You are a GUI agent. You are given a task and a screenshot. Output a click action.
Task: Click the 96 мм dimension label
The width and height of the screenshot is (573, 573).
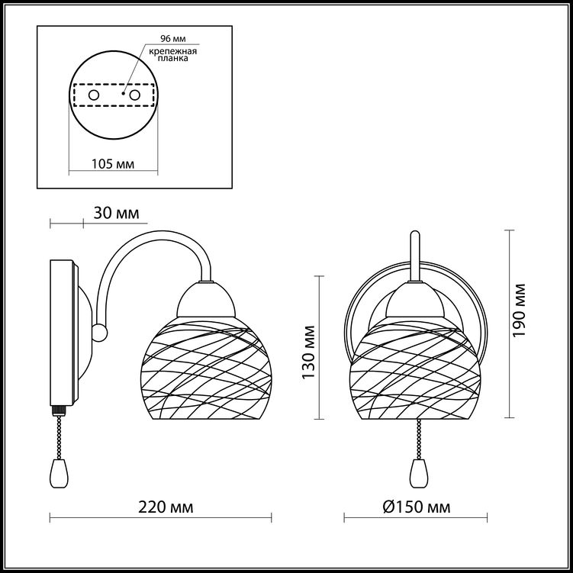[x=173, y=39]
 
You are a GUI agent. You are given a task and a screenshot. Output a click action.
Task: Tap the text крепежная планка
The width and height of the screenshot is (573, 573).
[x=173, y=54]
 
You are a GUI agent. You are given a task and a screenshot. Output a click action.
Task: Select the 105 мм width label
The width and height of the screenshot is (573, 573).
[x=113, y=164]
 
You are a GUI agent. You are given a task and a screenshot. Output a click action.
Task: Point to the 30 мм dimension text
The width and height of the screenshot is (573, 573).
[x=116, y=213]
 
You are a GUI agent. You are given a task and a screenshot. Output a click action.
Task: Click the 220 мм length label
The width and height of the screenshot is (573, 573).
[x=166, y=507]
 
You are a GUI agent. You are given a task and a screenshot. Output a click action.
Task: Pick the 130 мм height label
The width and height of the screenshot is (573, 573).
[x=308, y=352]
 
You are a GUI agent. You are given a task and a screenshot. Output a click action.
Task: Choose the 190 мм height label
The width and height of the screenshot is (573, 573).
[x=519, y=311]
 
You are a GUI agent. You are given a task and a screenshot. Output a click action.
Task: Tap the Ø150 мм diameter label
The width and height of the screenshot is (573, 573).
[x=417, y=507]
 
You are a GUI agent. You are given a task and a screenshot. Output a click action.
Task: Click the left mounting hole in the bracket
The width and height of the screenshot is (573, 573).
[x=94, y=95]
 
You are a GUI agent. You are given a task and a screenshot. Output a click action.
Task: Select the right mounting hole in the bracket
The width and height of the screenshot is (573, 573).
[x=135, y=95]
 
